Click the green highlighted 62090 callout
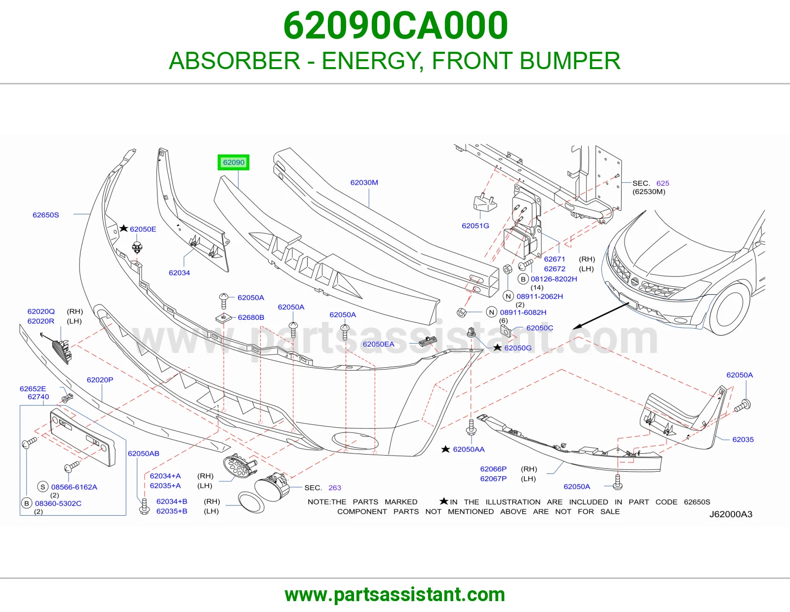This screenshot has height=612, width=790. pos(234,162)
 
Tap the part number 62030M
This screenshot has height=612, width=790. pos(364,183)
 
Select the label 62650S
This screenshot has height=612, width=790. pos(46,215)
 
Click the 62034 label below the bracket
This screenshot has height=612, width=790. pos(179,272)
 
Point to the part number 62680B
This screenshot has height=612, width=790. pos(251,317)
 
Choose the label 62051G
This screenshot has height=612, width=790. pos(475,226)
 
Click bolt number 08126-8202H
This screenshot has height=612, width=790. pos(553,279)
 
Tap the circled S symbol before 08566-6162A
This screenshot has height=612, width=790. pos(43,487)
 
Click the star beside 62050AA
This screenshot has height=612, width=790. pos(445,449)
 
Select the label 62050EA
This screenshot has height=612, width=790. pos(378,344)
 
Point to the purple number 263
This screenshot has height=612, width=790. pos(334,488)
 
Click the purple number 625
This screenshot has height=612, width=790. pos(663,183)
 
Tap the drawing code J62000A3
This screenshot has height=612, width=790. pos(731,514)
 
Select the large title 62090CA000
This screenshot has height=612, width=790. pos(395,26)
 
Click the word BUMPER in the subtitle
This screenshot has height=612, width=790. pos(570,61)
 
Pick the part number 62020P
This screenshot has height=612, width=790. pos(100,380)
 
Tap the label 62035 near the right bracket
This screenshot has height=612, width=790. pos(743,439)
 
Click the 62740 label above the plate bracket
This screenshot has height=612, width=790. pos(38,397)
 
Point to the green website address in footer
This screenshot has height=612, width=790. pos(395,595)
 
